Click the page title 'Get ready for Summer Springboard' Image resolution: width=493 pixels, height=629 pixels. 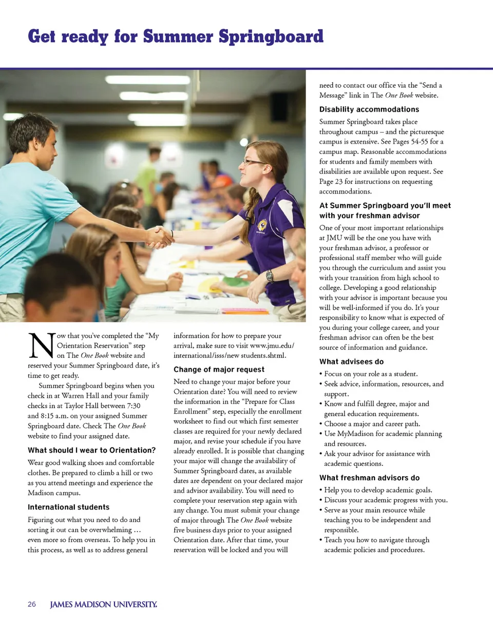pos(176,36)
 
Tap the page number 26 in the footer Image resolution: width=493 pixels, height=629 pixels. pos(32,604)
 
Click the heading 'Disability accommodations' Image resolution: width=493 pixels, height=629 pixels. pos(369,109)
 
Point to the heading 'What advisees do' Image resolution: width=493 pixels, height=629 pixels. pos(351,362)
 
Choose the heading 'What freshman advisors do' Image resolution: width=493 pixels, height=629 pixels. pos(369,478)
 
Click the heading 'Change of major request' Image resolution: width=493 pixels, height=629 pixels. pos(219,369)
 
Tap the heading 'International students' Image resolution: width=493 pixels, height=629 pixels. pos(68,507)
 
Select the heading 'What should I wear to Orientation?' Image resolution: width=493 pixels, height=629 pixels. pos(92,450)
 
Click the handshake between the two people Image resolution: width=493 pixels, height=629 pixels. pos(160,237)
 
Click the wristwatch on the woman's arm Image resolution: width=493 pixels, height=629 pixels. pos(269,276)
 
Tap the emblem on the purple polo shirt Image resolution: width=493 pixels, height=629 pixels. pos(262,224)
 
